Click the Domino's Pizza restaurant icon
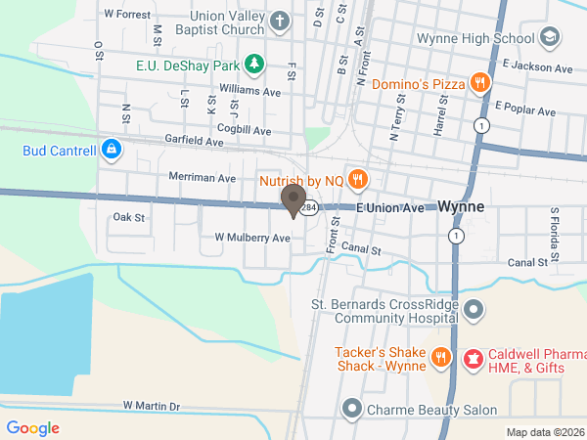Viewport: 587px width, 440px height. click(479, 83)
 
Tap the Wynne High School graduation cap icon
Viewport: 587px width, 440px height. click(550, 38)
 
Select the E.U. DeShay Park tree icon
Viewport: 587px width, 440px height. click(254, 65)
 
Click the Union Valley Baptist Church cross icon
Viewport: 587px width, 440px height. click(281, 21)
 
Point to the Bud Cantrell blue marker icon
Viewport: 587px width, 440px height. click(112, 151)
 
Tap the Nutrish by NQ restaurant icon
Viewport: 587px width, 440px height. click(358, 179)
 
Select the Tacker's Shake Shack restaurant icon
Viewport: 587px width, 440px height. click(441, 359)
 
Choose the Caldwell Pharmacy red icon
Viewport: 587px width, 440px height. click(474, 359)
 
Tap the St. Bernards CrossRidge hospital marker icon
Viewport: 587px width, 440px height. click(474, 311)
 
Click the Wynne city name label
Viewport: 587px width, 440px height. click(461, 207)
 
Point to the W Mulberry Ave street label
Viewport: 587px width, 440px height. click(252, 238)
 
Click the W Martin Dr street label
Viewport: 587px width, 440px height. click(152, 406)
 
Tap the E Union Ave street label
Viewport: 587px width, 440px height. click(390, 208)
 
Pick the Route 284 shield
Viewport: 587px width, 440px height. click(309, 208)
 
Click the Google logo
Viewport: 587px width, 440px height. click(32, 428)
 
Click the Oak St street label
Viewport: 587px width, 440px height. click(128, 217)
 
